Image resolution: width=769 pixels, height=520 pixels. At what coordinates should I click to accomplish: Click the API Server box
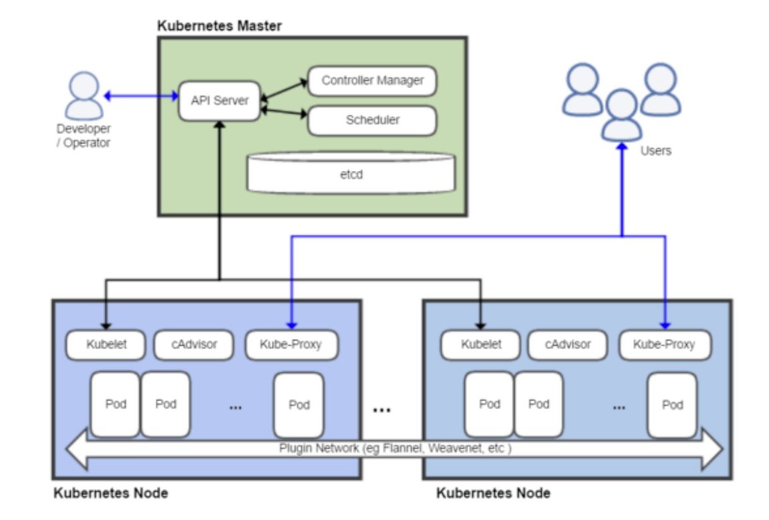[x=219, y=101]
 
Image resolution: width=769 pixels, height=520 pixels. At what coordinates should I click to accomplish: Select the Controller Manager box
[x=372, y=80]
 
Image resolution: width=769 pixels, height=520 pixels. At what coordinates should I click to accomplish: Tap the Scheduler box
[x=372, y=120]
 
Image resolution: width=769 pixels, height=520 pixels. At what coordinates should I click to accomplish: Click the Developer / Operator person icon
[x=84, y=95]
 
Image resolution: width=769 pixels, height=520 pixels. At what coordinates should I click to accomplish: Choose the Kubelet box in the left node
[x=106, y=344]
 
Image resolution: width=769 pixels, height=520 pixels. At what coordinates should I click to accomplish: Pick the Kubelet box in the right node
[x=480, y=344]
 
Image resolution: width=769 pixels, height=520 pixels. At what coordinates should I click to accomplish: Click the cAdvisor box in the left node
[x=194, y=344]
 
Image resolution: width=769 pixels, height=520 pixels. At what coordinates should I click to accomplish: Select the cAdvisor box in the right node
[x=567, y=344]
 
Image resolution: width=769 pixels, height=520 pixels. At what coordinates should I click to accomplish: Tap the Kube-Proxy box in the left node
[x=291, y=344]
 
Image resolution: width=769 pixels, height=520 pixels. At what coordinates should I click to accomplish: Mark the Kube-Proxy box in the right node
[x=665, y=344]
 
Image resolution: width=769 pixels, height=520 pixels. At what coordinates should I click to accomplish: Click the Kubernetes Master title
[x=219, y=26]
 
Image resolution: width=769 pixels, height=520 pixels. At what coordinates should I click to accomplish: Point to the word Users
[x=655, y=150]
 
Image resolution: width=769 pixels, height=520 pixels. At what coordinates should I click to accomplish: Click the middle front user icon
[x=622, y=115]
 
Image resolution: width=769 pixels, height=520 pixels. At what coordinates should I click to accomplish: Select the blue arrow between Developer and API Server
[x=141, y=95]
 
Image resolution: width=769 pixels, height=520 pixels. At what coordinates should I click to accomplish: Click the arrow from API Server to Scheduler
[x=285, y=112]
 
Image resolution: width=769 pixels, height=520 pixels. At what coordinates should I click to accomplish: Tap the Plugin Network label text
[x=396, y=448]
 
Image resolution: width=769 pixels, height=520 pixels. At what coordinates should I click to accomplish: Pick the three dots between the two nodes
[x=381, y=410]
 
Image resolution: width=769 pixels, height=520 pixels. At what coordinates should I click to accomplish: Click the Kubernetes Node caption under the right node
[x=493, y=493]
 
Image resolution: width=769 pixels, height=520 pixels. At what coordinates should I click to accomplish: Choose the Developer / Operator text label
[x=84, y=136]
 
